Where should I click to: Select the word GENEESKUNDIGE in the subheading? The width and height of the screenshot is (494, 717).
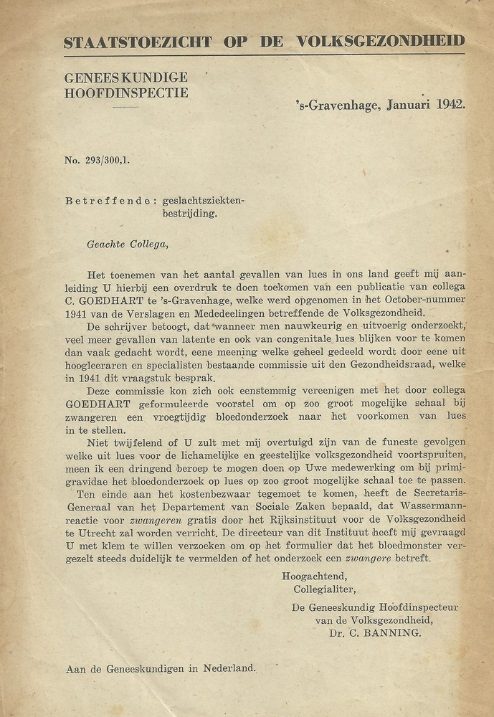pos(126,78)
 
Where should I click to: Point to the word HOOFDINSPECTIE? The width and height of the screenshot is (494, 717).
pos(126,92)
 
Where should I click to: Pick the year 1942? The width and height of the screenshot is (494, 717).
pos(449,104)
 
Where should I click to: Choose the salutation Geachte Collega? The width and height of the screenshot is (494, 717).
pos(127,244)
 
